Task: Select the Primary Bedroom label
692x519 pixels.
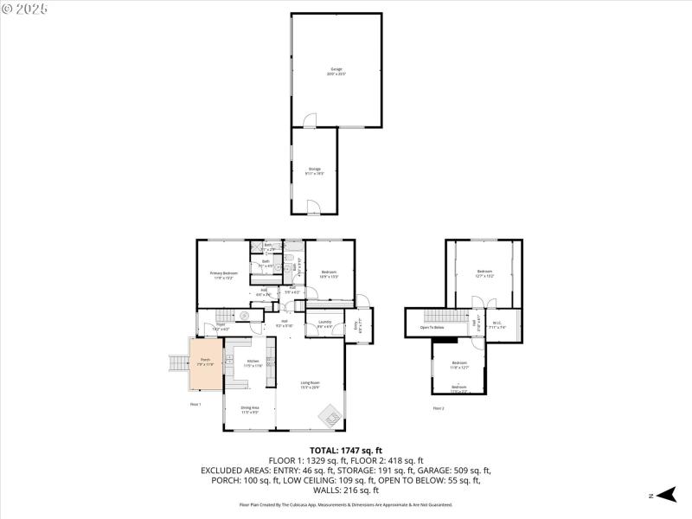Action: pos(224,275)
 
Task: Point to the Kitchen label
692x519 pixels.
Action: pos(253,363)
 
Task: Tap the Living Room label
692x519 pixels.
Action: pos(310,385)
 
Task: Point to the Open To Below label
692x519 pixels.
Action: pos(432,328)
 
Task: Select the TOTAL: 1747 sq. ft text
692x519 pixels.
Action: pos(346,451)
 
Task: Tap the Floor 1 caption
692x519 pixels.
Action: pos(195,404)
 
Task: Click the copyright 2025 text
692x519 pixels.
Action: pos(25,9)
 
